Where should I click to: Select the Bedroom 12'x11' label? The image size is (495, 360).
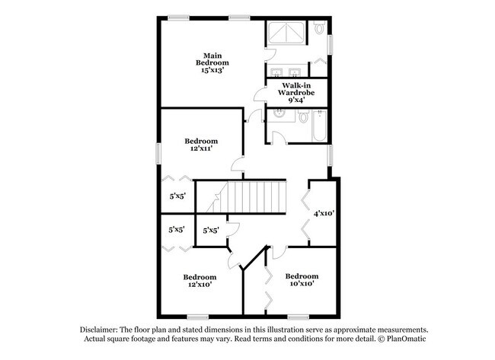tap(202, 145)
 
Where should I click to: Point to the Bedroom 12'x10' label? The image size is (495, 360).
tap(200, 280)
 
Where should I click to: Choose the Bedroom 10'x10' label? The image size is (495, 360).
tap(302, 279)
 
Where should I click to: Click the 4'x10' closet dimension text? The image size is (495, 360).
tap(323, 213)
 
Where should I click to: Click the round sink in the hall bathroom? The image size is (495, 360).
tap(279, 114)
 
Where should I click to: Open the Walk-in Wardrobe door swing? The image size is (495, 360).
tap(260, 95)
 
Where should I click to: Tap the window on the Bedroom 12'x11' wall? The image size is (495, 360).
tap(158, 151)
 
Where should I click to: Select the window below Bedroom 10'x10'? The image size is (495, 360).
tap(298, 316)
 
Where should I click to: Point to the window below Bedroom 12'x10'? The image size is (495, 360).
tap(197, 316)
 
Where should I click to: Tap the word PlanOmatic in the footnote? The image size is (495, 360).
tap(410, 338)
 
